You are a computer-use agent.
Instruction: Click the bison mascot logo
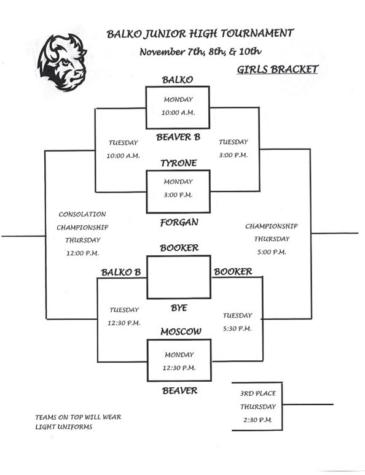click(x=62, y=62)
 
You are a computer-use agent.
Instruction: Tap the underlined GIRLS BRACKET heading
click(x=277, y=69)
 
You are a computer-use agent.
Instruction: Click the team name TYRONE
click(x=178, y=163)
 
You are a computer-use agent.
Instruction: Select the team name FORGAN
click(x=179, y=223)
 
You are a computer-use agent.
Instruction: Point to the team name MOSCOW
click(x=181, y=332)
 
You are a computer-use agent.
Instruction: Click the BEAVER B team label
click(x=178, y=137)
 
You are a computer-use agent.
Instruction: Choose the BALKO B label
click(x=121, y=272)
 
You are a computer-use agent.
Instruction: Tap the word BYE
click(x=179, y=308)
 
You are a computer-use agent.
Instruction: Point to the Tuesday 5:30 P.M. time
click(x=237, y=329)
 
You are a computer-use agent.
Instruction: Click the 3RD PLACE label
click(x=258, y=393)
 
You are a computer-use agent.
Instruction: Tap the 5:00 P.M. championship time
click(x=272, y=252)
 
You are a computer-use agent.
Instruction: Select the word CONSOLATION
click(x=82, y=214)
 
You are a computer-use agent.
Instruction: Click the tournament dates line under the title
click(x=200, y=52)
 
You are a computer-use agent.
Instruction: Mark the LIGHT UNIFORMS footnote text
click(x=64, y=427)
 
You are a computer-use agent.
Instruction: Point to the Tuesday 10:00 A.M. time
click(x=123, y=156)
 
